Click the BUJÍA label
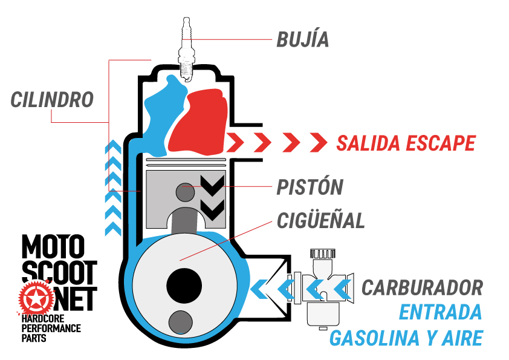303,39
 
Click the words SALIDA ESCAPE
406,143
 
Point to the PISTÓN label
310,187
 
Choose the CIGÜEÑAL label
320,220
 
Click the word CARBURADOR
422,287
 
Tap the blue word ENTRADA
441,312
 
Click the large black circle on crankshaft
184,283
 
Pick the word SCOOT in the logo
59,273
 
